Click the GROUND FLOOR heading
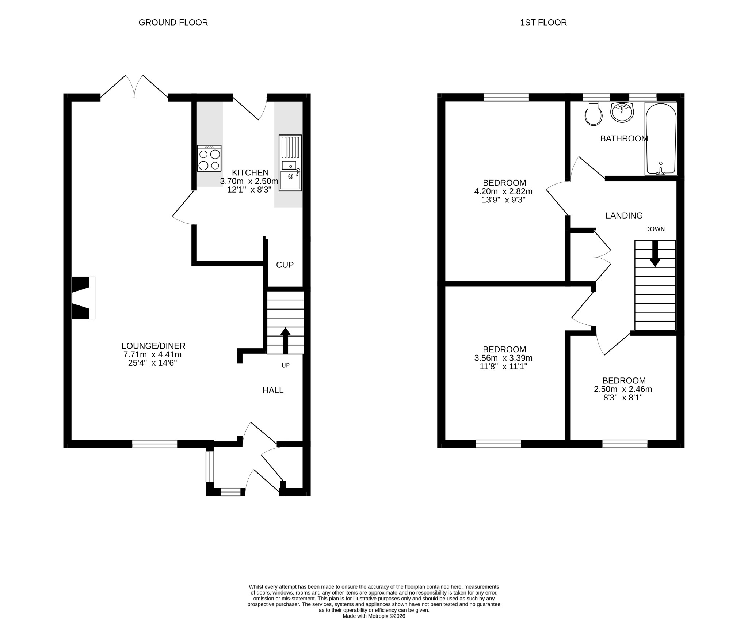pyautogui.click(x=173, y=23)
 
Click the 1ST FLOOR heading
pyautogui.click(x=543, y=23)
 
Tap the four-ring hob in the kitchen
pyautogui.click(x=209, y=158)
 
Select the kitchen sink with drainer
pyautogui.click(x=290, y=163)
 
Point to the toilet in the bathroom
pyautogui.click(x=594, y=114)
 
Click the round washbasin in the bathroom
pyautogui.click(x=622, y=112)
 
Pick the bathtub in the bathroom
pyautogui.click(x=661, y=138)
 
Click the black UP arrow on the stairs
pyautogui.click(x=285, y=341)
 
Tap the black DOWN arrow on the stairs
pyautogui.click(x=655, y=253)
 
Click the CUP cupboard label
pyautogui.click(x=285, y=265)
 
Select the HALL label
pyautogui.click(x=273, y=390)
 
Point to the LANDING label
pyautogui.click(x=624, y=216)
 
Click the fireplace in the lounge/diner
pyautogui.click(x=83, y=298)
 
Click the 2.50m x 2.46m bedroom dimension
pyautogui.click(x=623, y=389)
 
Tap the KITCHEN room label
pyautogui.click(x=251, y=172)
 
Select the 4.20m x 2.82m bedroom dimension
pyautogui.click(x=504, y=191)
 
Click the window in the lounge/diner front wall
pyautogui.click(x=155, y=444)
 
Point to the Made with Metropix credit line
pyautogui.click(x=374, y=616)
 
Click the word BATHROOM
pyautogui.click(x=624, y=138)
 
